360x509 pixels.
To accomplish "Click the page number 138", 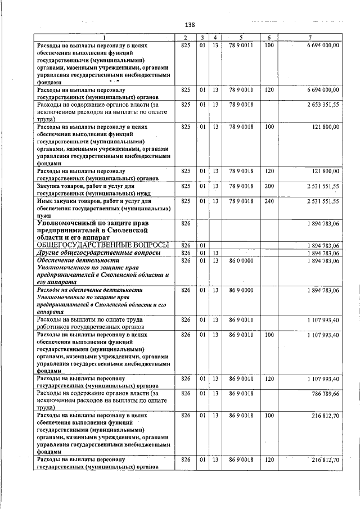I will pyautogui.click(x=190, y=25).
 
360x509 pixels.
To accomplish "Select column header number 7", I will pyautogui.click(x=310, y=38).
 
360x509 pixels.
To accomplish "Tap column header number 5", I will pyautogui.click(x=240, y=38).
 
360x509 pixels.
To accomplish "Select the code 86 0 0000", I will pyautogui.click(x=241, y=261).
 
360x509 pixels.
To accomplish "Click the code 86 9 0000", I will pyautogui.click(x=241, y=290).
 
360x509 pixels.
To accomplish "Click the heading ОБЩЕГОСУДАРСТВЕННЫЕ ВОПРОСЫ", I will pyautogui.click(x=102, y=245).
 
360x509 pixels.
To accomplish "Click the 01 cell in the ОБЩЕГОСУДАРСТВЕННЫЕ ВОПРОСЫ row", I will pyautogui.click(x=202, y=245).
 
